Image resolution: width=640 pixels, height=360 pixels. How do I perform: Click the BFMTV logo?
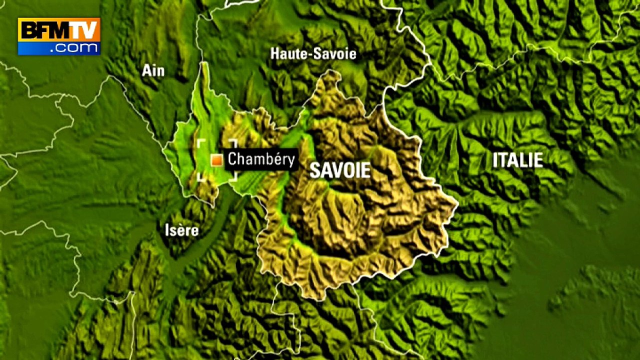click(x=59, y=36)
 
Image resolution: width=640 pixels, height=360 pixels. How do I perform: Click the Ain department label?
click(x=153, y=70)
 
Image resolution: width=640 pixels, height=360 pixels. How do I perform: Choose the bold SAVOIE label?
click(x=340, y=170)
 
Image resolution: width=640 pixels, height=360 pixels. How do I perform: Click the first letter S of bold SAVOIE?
click(x=315, y=170)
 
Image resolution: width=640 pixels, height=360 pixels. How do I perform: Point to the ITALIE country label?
click(x=517, y=160)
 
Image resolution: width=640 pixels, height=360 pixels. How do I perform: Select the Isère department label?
click(x=181, y=230)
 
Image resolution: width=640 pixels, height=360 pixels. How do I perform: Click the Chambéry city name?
click(x=261, y=159)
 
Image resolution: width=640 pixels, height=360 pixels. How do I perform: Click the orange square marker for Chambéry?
click(x=216, y=160)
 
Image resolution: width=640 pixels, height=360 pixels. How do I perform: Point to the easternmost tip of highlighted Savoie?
click(x=457, y=204)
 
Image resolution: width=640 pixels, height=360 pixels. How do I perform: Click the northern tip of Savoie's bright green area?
click(x=204, y=64)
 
